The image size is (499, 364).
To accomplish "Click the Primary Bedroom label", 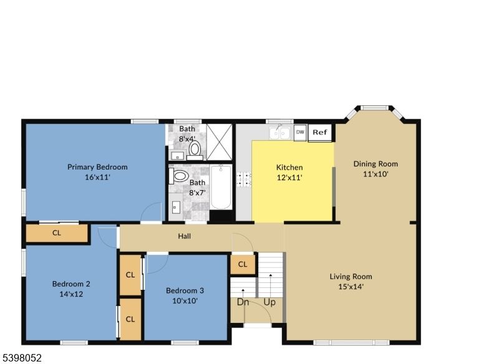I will click(97, 166).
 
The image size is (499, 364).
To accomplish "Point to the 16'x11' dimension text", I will click(97, 177).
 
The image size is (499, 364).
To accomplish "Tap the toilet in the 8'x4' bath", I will click(195, 148).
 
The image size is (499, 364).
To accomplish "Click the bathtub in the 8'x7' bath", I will click(221, 187).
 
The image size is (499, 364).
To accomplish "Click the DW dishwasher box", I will click(300, 132).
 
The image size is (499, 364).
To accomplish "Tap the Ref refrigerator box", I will click(320, 132).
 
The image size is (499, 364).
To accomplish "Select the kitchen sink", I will click(280, 133).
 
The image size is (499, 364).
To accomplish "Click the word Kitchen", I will click(289, 167).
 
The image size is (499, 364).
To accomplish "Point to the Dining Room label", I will click(375, 164).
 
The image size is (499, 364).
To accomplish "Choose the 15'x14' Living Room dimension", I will click(351, 287).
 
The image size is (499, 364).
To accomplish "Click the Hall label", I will click(185, 236).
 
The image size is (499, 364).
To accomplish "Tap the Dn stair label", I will click(243, 302).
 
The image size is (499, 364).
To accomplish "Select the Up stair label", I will click(269, 302).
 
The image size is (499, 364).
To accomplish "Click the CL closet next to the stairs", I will click(243, 264).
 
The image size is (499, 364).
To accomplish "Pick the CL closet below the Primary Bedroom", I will click(57, 233).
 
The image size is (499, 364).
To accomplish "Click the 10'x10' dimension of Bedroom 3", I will click(185, 301).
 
